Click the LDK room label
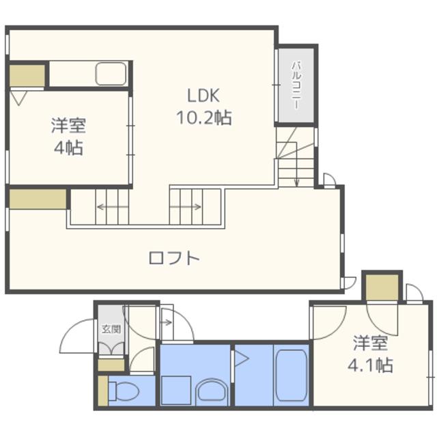point(203,96)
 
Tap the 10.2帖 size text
point(204,117)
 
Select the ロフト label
point(174,258)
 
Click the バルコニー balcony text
point(296,85)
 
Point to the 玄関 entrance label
point(111,329)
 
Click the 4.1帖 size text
point(370,365)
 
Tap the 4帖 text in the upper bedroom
point(68,147)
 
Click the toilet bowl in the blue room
point(124,391)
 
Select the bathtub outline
point(292,376)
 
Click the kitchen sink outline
point(111,74)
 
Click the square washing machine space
point(176,390)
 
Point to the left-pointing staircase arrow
point(112,207)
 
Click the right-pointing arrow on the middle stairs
point(186,207)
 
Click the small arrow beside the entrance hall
point(167,323)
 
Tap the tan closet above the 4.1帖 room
point(382,287)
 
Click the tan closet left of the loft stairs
point(38,199)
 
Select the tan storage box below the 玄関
point(111,365)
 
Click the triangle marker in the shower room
point(241,358)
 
